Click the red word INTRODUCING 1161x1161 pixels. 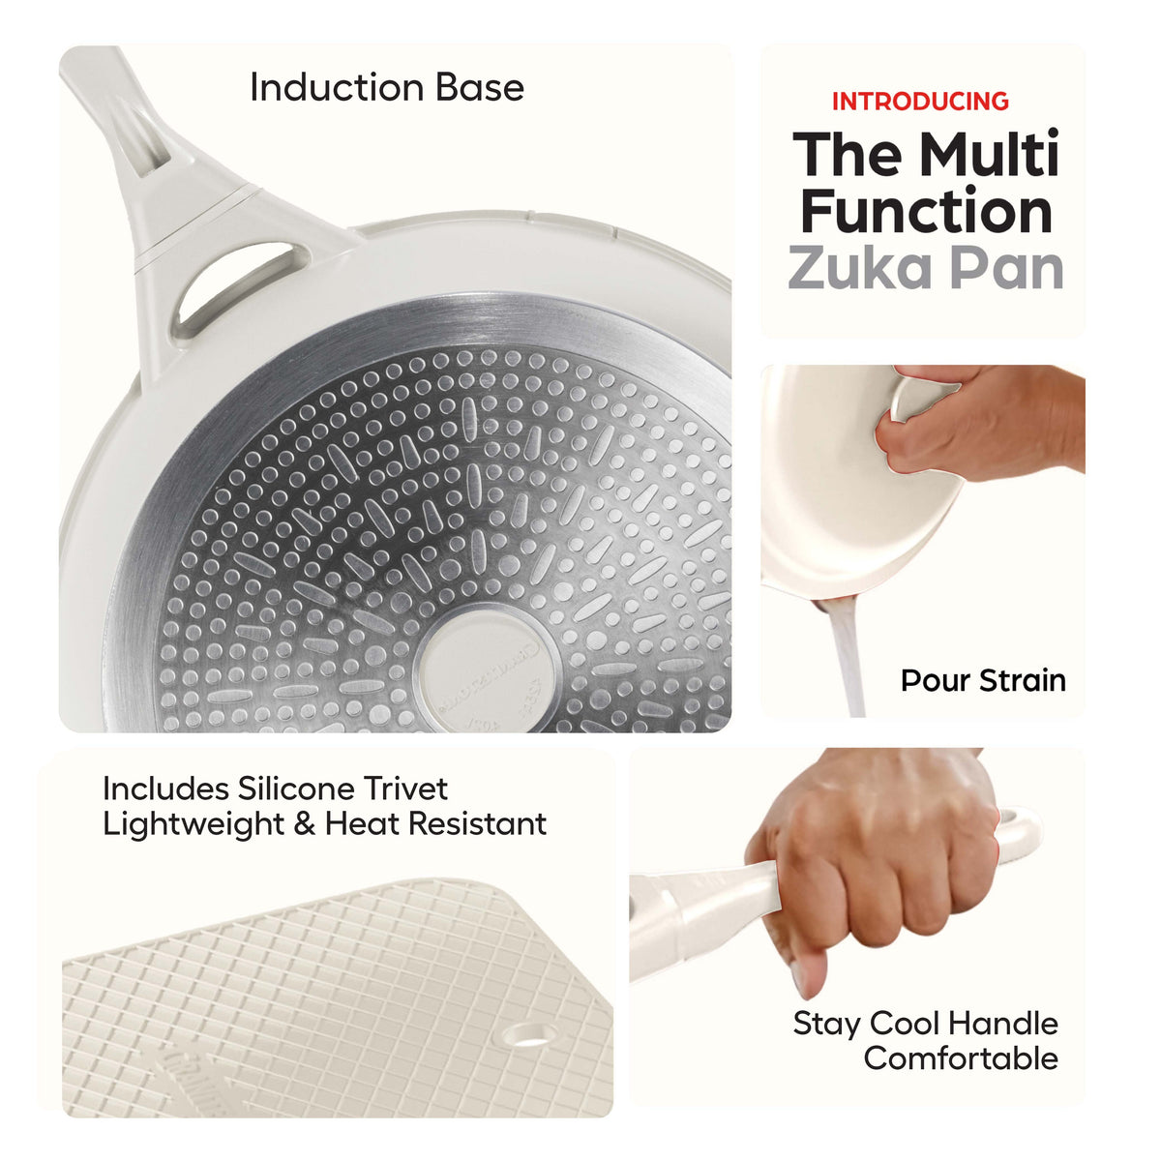920,102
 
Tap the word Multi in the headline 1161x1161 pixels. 990,153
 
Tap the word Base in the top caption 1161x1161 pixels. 480,88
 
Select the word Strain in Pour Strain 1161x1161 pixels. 1023,681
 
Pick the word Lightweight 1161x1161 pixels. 193,825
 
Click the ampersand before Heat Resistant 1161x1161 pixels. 305,824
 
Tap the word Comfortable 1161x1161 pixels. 961,1058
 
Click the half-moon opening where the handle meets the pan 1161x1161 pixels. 237,285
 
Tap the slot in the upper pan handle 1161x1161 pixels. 145,138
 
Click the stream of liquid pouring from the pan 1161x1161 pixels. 845,657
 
